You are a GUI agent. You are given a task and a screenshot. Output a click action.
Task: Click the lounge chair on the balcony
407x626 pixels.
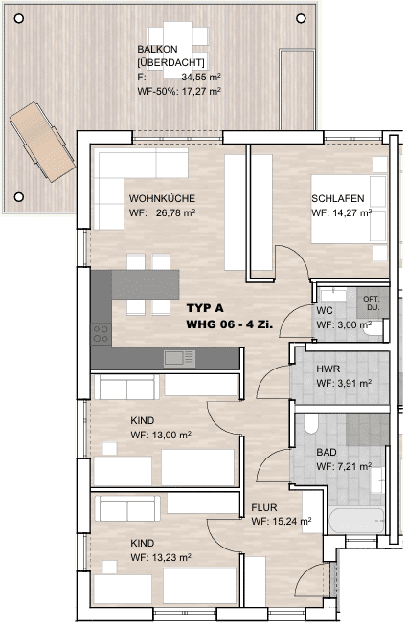(x=42, y=142)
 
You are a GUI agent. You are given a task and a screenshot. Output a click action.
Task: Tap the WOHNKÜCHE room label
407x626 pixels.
(x=162, y=198)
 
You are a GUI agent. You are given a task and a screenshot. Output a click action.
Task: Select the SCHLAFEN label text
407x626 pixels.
(x=337, y=198)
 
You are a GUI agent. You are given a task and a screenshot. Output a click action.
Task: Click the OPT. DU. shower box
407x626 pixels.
(x=372, y=303)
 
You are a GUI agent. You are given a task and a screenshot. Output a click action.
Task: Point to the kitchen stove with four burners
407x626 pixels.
(x=102, y=334)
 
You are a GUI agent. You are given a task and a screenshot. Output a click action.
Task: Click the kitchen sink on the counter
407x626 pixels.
(x=179, y=358)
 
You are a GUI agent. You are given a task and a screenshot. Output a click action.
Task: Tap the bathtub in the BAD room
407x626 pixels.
(x=356, y=521)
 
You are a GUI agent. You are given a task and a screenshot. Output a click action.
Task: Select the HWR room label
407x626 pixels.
(x=328, y=369)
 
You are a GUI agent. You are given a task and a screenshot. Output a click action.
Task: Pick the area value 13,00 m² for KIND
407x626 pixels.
(x=171, y=435)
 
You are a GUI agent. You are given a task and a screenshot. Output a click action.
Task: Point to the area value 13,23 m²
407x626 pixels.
(x=171, y=557)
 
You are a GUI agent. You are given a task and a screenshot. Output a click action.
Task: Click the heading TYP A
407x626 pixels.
(x=205, y=308)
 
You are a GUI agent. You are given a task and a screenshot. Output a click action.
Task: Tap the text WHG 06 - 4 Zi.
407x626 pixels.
(x=230, y=324)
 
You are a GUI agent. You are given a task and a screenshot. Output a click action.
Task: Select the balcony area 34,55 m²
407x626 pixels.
(x=201, y=77)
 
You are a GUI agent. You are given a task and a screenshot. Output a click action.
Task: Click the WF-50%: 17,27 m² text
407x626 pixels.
(x=179, y=91)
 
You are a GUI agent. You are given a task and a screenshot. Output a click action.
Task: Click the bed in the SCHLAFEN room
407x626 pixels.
(x=350, y=209)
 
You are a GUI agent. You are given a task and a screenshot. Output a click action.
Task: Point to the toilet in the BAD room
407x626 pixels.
(x=311, y=423)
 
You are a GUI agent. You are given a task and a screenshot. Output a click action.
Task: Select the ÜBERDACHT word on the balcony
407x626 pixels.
(x=170, y=62)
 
